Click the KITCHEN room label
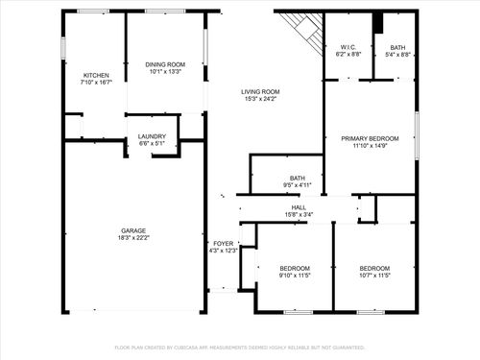(x=96, y=75)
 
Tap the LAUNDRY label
(x=153, y=135)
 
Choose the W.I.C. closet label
(x=348, y=47)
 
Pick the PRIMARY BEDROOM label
(x=371, y=138)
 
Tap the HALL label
(x=299, y=206)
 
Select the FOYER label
(x=223, y=244)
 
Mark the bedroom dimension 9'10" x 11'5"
(x=294, y=276)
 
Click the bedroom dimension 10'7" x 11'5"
(x=374, y=276)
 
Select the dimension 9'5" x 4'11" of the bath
(x=298, y=185)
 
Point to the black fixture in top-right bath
(x=378, y=21)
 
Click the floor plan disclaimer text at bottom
(x=240, y=347)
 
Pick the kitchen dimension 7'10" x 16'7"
(x=96, y=83)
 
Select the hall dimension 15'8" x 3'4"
(x=299, y=214)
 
